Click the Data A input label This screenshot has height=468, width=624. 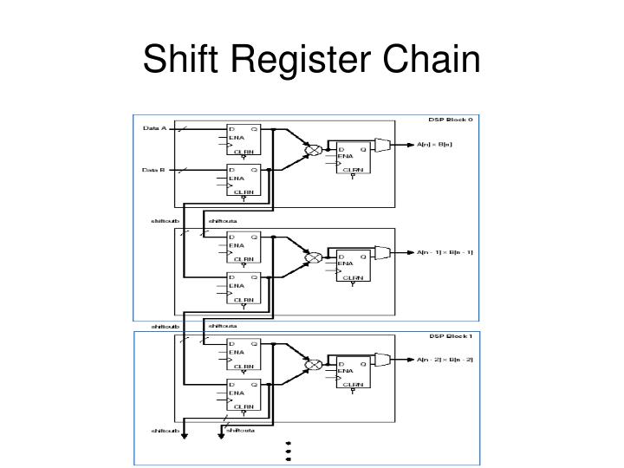pyautogui.click(x=155, y=129)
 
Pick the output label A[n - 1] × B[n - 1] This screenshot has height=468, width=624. pyautogui.click(x=445, y=252)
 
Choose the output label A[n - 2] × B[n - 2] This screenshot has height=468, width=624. pyautogui.click(x=445, y=360)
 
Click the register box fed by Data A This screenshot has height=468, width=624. pyautogui.click(x=243, y=139)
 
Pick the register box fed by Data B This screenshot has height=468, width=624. pyautogui.click(x=243, y=180)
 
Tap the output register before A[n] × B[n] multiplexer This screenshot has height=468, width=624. pyautogui.click(x=352, y=159)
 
